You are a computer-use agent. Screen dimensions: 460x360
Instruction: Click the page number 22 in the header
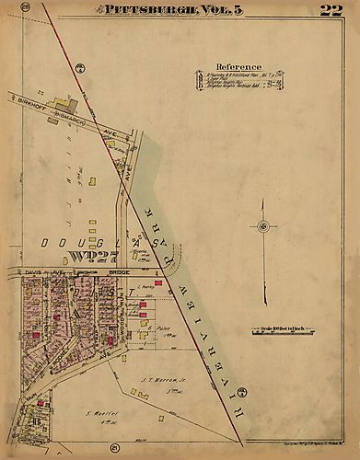331,11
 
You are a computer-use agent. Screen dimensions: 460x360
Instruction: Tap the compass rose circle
263,227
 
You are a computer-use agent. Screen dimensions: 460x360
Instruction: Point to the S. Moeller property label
96,413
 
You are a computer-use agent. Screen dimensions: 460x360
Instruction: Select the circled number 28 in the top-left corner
27,8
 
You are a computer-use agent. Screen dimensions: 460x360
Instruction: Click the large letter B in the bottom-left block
35,420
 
